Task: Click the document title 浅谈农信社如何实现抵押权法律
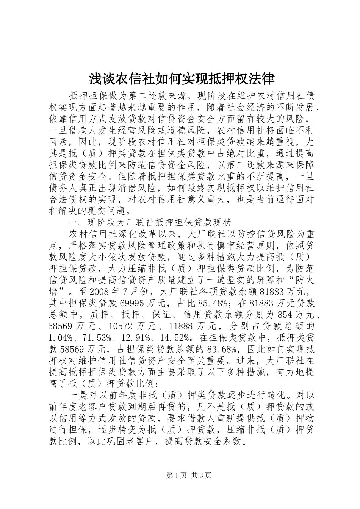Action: pyautogui.click(x=182, y=79)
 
